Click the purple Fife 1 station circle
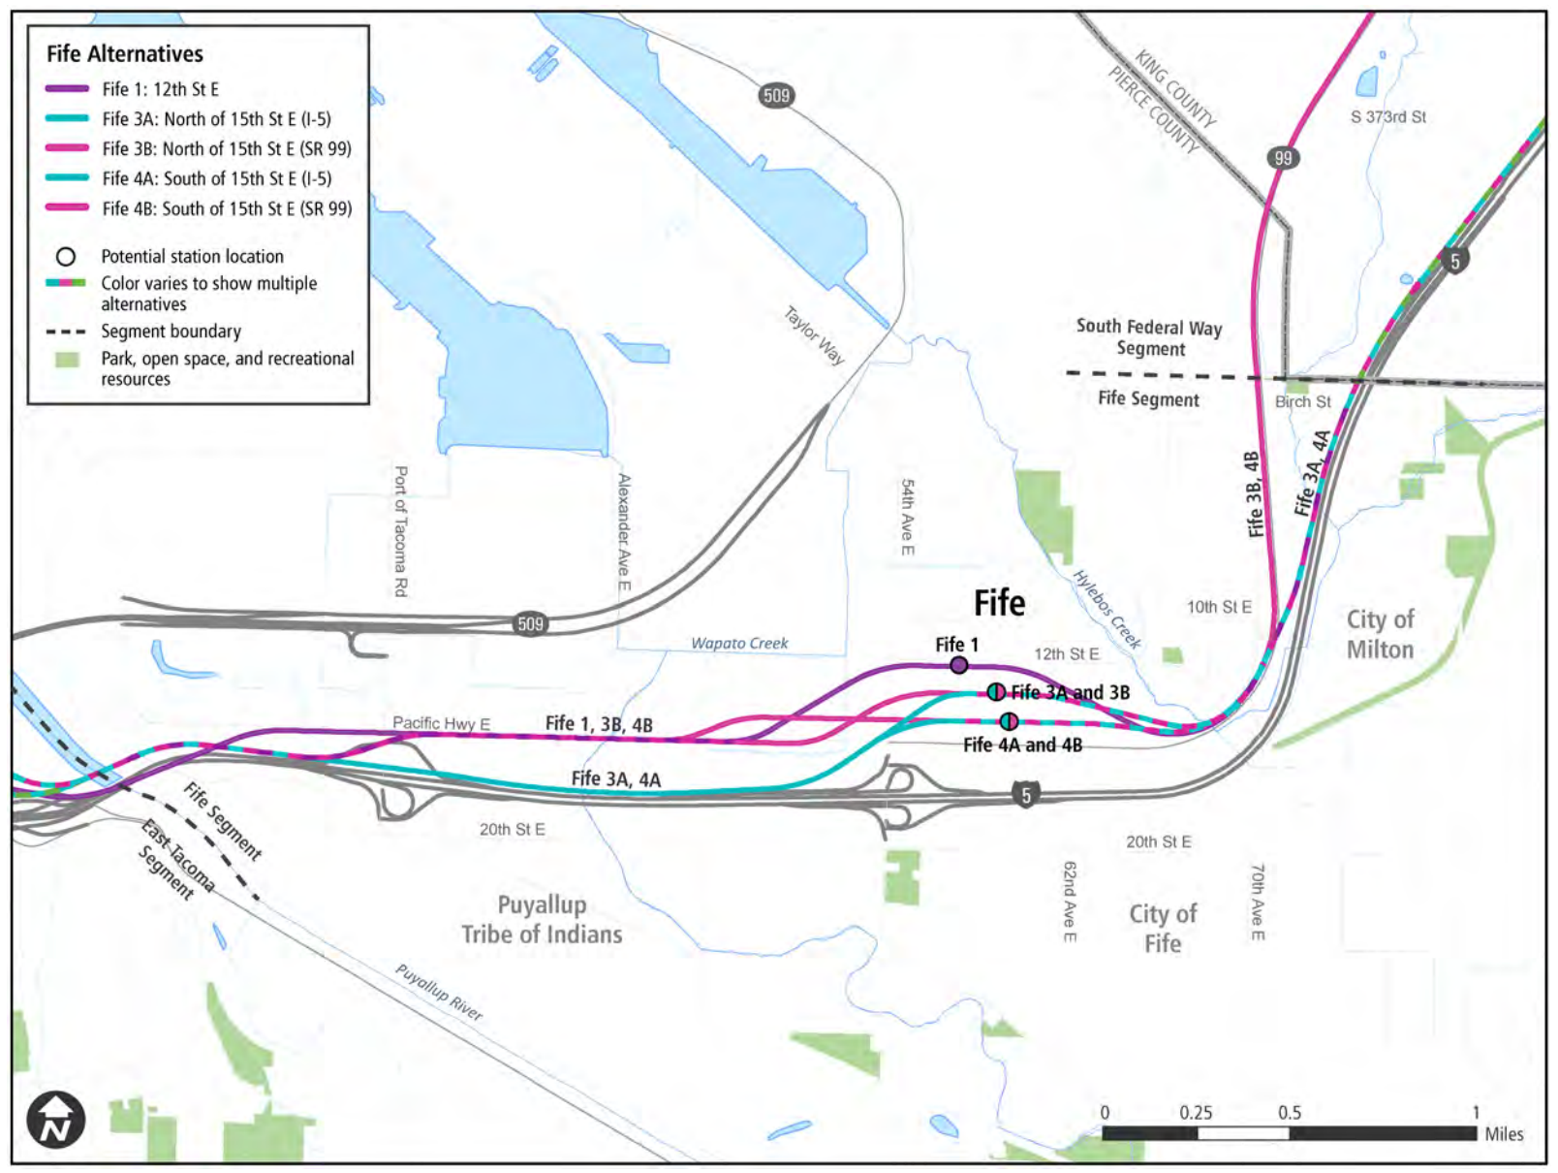958,665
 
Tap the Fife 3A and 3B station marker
996,692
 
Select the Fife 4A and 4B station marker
1009,721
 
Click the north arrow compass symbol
56,1121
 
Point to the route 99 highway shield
1283,158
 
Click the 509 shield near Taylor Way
776,95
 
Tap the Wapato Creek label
739,644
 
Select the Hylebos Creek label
1107,609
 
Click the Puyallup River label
438,992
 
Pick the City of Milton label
1380,634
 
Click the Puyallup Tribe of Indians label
542,920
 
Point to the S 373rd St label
1387,117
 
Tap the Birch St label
1302,401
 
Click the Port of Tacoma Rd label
400,531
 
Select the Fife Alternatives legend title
125,54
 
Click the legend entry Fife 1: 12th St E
161,89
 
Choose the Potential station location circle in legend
66,257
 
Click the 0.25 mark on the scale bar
1196,1113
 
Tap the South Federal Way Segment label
1149,337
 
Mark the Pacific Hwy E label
441,723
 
